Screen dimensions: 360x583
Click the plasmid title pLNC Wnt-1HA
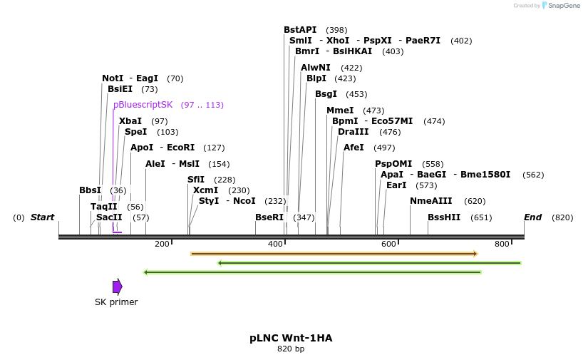(x=291, y=338)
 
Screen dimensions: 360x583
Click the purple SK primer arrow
(x=118, y=287)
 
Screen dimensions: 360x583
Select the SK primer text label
(x=116, y=302)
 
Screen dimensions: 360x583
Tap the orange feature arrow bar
(x=334, y=254)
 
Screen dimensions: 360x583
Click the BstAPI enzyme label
(x=300, y=30)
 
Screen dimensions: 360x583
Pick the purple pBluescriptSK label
(x=143, y=105)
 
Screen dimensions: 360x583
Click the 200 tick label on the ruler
(x=162, y=245)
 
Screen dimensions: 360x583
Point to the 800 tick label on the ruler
(x=502, y=245)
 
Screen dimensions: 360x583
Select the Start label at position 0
(x=42, y=217)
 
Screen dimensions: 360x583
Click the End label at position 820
(x=532, y=217)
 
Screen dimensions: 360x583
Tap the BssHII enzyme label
(x=444, y=217)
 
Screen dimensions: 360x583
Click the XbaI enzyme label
(x=130, y=121)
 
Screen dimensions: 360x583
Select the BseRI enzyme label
(x=269, y=217)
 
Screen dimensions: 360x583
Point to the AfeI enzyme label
(x=354, y=148)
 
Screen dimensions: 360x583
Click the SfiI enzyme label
(x=196, y=180)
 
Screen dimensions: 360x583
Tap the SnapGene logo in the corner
(x=561, y=6)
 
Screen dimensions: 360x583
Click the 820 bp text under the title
(x=291, y=349)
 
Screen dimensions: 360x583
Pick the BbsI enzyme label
(x=90, y=190)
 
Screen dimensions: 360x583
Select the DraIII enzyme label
(x=354, y=132)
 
